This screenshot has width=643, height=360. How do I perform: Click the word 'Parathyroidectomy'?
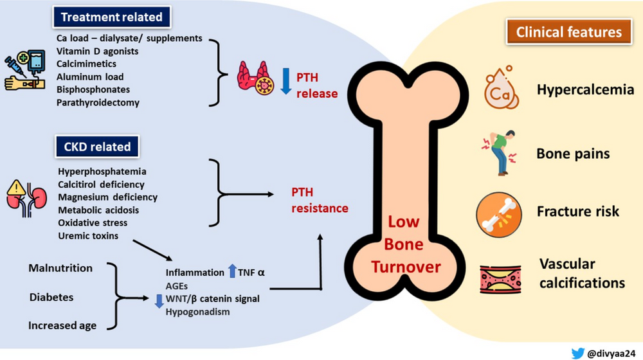tap(98, 102)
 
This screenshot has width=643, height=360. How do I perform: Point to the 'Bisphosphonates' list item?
tap(93, 89)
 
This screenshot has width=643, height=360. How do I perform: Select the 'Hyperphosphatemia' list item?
tap(102, 172)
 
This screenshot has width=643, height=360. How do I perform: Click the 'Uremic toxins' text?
tap(88, 236)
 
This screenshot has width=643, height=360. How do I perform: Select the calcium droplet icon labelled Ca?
tap(500, 90)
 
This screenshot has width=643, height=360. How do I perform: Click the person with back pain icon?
tap(500, 154)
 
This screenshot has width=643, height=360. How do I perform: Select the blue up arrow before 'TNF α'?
tap(232, 271)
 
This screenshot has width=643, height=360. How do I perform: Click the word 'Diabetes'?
tap(51, 298)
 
